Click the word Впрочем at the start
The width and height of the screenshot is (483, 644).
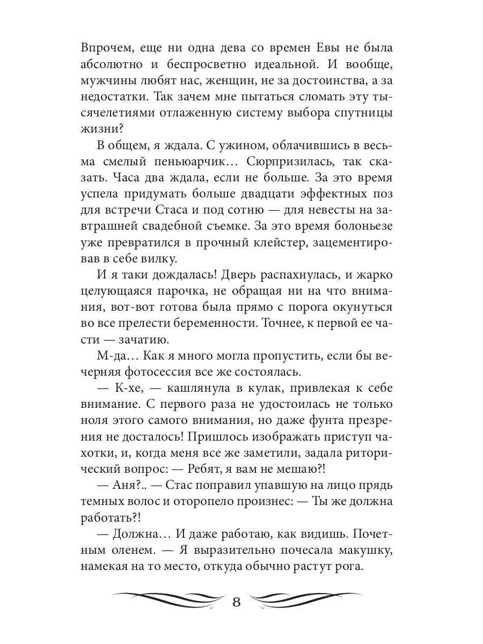point(106,48)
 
